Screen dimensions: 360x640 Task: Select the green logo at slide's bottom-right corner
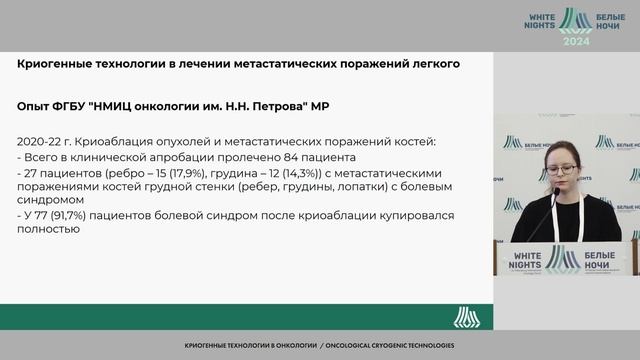(x=466, y=317)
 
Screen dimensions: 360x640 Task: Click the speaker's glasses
(x=560, y=171)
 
